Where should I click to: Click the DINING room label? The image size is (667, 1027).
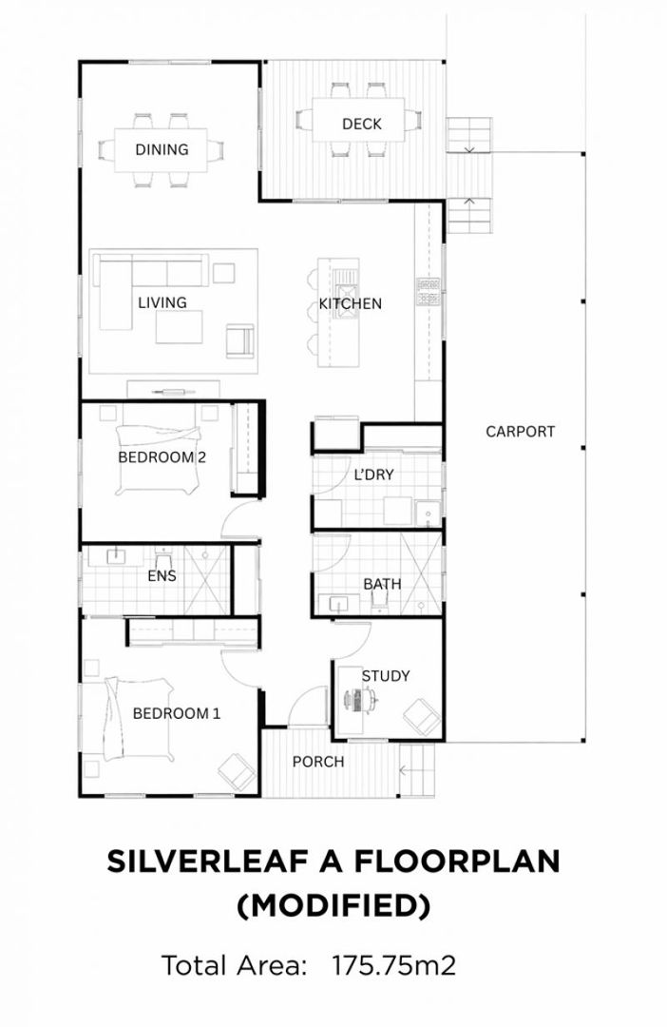(162, 149)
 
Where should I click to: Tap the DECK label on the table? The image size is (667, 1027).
(361, 124)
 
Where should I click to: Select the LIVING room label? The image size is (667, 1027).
(162, 302)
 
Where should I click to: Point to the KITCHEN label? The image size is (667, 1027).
(350, 303)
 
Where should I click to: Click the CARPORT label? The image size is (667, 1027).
(520, 431)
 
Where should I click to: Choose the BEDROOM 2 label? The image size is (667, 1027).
(162, 456)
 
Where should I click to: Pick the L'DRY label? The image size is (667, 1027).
(373, 475)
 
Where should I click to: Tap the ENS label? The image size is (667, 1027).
(162, 575)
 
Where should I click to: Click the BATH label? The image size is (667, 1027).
(382, 583)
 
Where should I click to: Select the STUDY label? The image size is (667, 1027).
(385, 675)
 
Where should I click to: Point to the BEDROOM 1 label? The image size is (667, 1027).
(176, 712)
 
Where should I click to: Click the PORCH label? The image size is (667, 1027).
(317, 762)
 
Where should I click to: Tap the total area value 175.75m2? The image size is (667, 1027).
(393, 966)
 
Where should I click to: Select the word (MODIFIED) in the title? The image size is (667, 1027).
(333, 905)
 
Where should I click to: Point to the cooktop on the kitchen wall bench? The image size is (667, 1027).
(427, 292)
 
